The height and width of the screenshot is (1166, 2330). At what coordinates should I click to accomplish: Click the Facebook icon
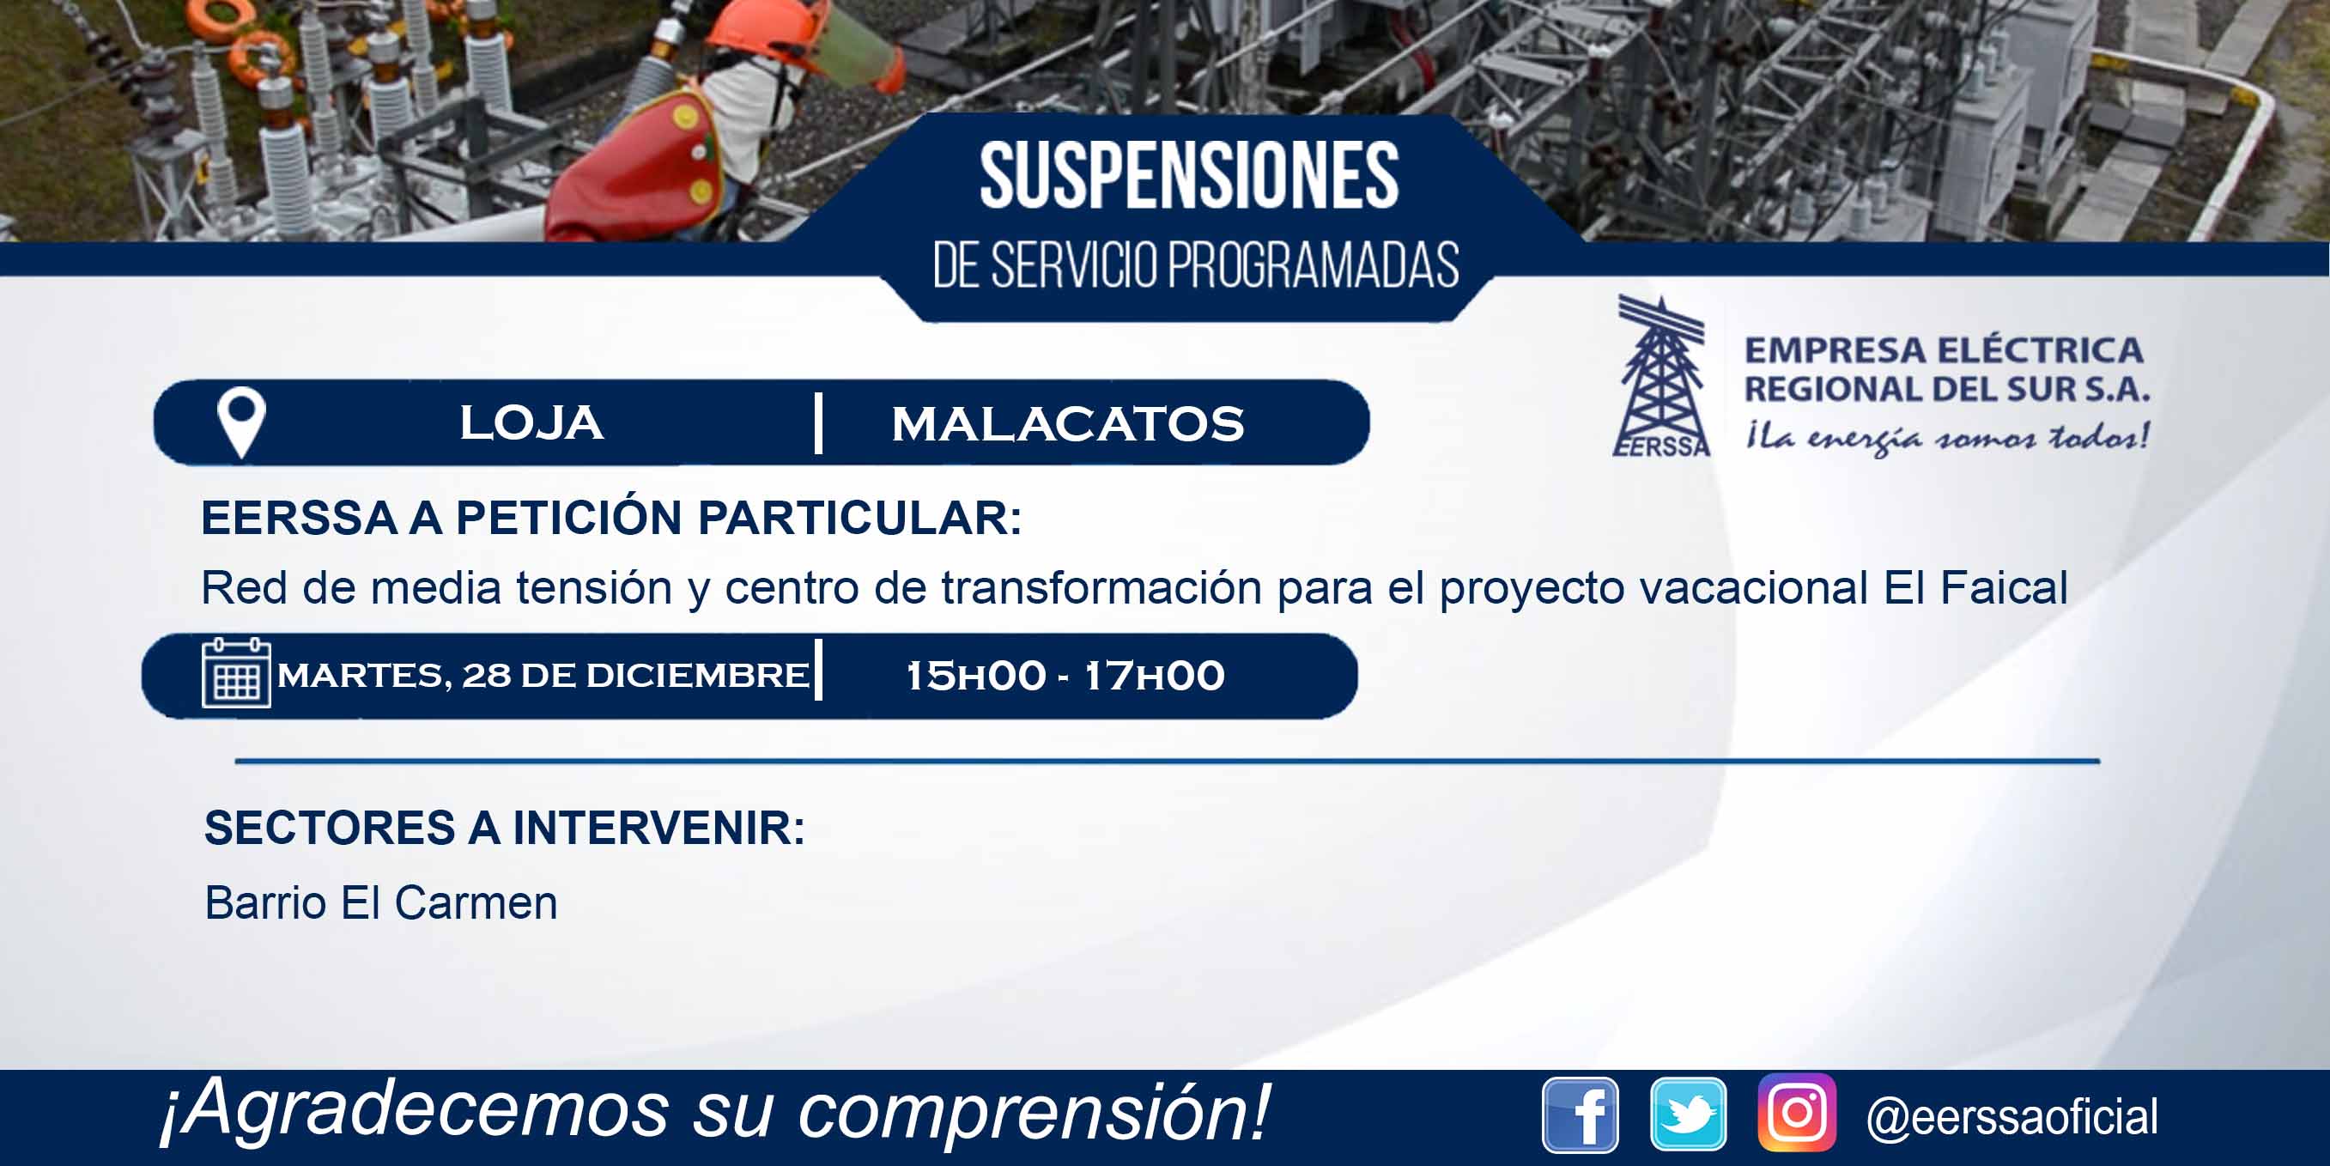click(1581, 1115)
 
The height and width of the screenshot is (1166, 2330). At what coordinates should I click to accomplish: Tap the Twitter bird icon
click(1688, 1114)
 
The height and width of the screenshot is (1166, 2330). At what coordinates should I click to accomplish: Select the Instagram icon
click(1797, 1113)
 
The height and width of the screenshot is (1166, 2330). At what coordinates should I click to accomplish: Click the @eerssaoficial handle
click(2012, 1116)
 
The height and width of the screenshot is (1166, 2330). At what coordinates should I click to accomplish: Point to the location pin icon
click(241, 422)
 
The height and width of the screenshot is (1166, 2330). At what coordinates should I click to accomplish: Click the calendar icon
click(236, 672)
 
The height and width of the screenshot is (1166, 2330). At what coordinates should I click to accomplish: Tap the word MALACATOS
click(1068, 424)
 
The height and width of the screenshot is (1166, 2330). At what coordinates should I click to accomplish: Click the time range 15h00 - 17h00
click(1065, 676)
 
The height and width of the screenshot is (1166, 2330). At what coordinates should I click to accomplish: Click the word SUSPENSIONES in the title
click(1189, 175)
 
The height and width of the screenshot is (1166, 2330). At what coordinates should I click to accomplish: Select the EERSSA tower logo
click(1661, 376)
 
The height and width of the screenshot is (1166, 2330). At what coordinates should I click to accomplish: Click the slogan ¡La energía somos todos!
click(1947, 438)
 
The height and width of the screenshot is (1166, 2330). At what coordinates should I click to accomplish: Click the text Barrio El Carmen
click(381, 902)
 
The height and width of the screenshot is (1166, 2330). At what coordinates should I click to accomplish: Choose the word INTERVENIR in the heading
click(658, 828)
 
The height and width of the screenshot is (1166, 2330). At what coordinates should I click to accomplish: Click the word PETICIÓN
click(572, 518)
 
